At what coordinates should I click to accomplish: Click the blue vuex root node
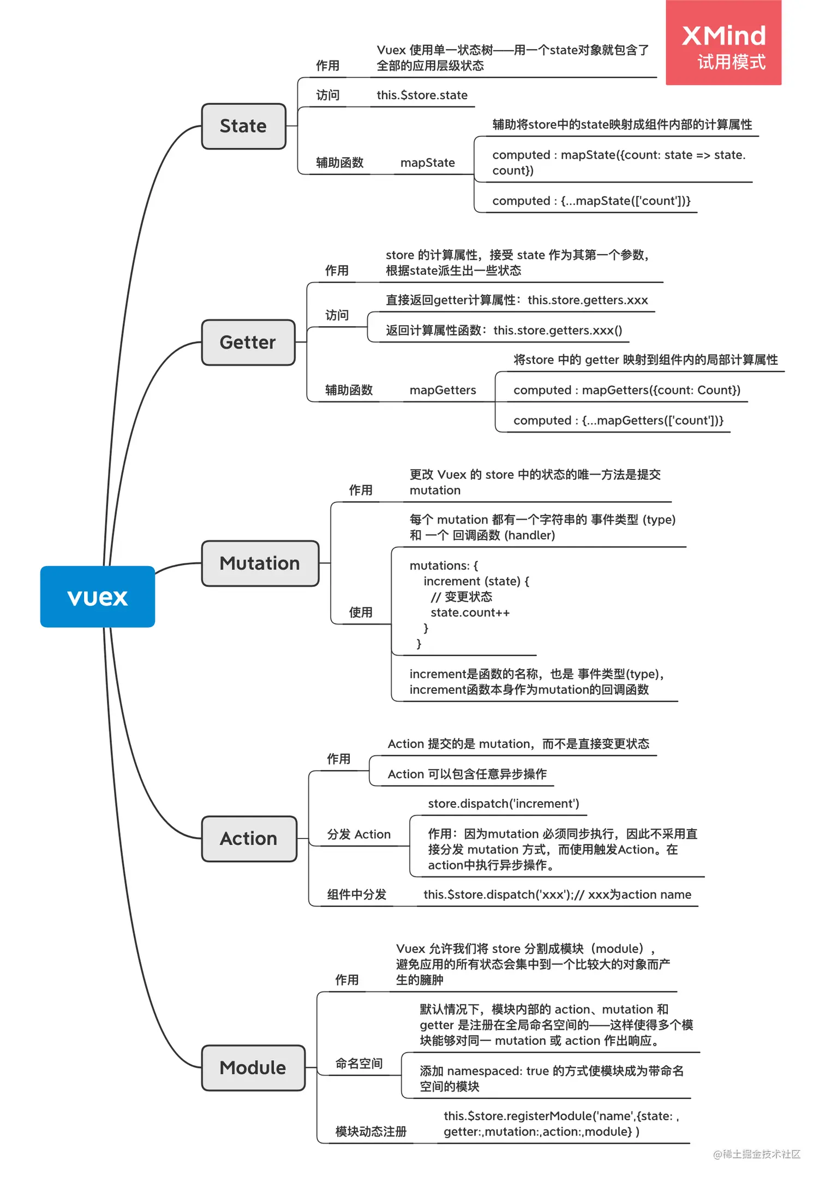(x=98, y=597)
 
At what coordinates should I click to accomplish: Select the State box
(x=243, y=126)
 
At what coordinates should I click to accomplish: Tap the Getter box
(x=248, y=342)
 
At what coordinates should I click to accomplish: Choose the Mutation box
(x=260, y=563)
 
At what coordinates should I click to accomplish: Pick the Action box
(x=249, y=839)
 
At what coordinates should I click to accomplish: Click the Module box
(x=253, y=1068)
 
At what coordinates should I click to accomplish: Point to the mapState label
(x=427, y=163)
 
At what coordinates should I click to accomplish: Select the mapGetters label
(x=443, y=390)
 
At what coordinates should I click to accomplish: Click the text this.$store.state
(x=422, y=95)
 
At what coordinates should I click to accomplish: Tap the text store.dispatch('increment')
(x=503, y=803)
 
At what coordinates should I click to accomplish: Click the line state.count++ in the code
(x=470, y=612)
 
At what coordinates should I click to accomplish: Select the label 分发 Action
(x=358, y=834)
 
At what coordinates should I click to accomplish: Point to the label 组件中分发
(x=356, y=894)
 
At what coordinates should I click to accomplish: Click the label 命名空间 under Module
(x=358, y=1063)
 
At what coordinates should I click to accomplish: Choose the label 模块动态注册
(x=370, y=1132)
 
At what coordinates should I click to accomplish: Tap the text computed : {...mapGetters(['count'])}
(x=618, y=420)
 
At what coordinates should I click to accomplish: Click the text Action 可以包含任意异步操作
(x=467, y=774)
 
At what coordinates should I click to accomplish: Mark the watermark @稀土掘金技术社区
(x=757, y=1154)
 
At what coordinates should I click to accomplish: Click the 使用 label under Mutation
(x=361, y=612)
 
